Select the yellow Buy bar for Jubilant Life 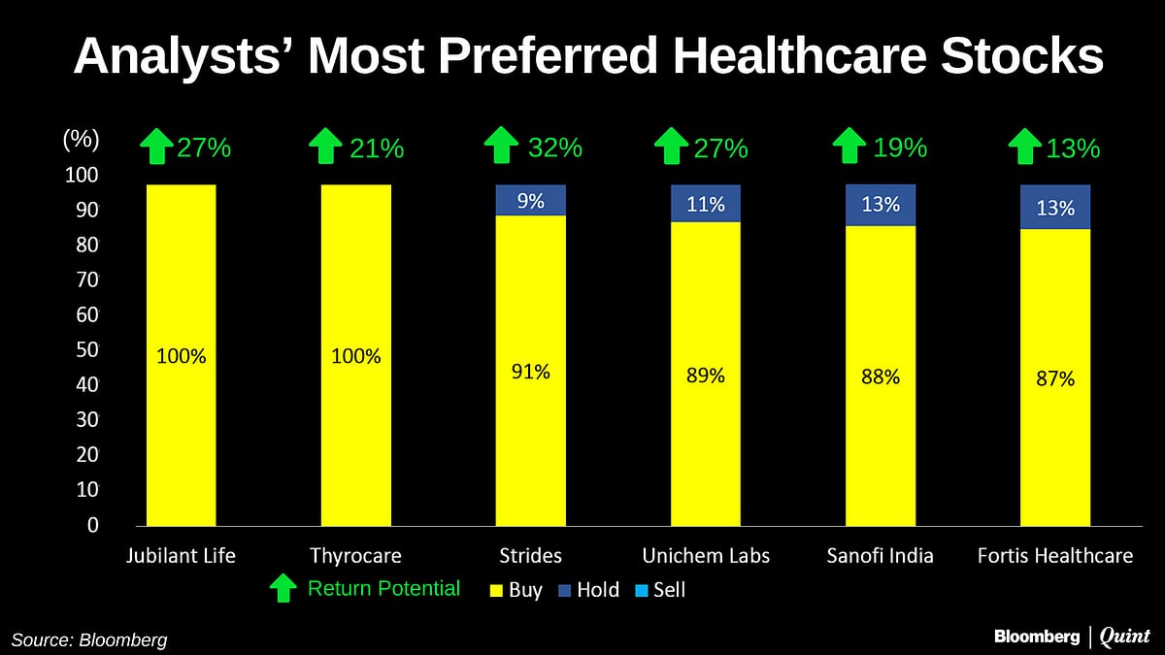tap(181, 437)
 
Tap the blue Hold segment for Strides tap(530, 200)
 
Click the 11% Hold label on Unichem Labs tap(706, 204)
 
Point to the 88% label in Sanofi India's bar tap(881, 377)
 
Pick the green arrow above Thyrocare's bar tap(325, 147)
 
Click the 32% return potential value tap(555, 147)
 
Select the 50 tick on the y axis tap(86, 349)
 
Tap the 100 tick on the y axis tap(83, 175)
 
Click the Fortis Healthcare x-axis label tap(1055, 556)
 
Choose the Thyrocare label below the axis tap(355, 556)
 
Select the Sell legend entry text tap(669, 590)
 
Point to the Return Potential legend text tap(383, 588)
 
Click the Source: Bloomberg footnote tap(89, 639)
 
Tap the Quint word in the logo tap(1128, 637)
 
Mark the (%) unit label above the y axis tap(81, 139)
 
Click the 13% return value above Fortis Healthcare tap(1073, 148)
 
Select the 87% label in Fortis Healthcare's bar tap(1055, 379)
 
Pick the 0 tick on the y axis tap(93, 525)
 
